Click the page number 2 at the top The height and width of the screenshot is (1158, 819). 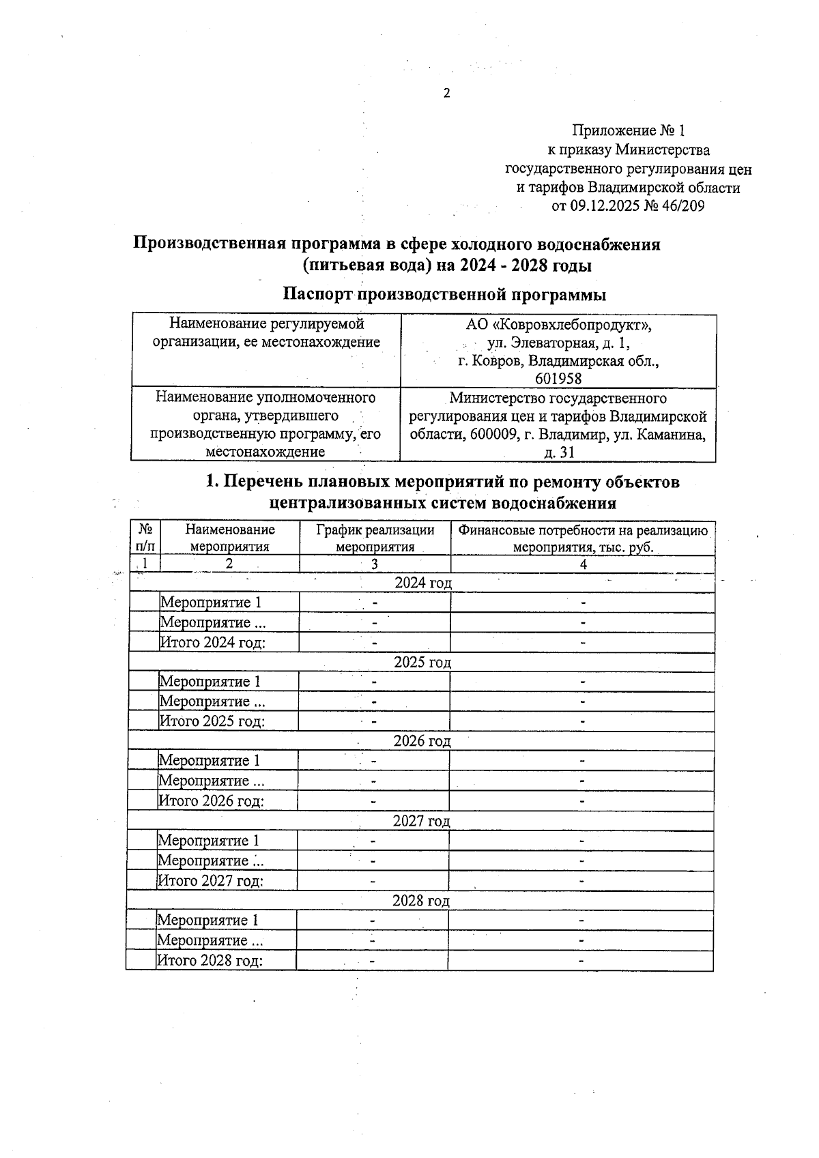(x=447, y=93)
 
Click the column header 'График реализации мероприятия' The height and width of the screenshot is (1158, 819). (x=375, y=538)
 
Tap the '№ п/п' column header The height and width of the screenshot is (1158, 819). (x=145, y=538)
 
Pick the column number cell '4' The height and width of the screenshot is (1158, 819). (x=583, y=564)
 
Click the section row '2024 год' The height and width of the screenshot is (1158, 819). (x=422, y=583)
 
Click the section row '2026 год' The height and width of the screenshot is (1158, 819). (x=422, y=741)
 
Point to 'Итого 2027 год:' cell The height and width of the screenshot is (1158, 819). (x=211, y=881)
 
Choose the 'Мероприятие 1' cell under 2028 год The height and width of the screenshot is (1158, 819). (x=208, y=920)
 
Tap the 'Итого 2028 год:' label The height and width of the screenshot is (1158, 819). (x=210, y=960)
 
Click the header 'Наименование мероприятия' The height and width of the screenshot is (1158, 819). (x=230, y=538)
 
